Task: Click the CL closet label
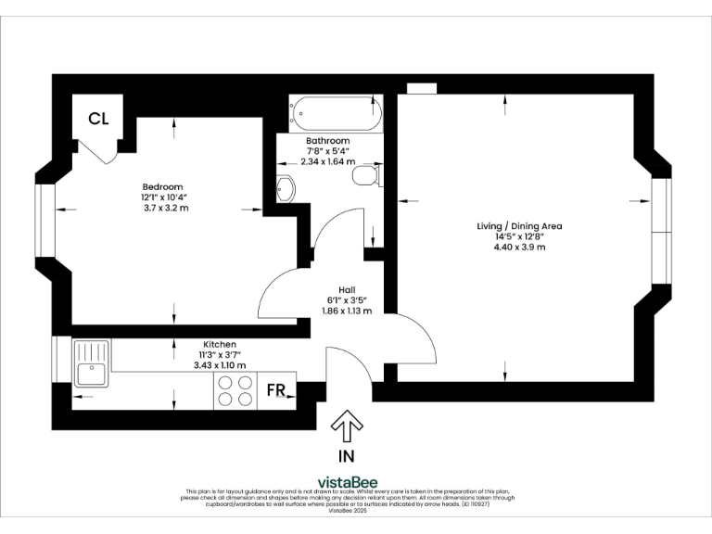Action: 99,118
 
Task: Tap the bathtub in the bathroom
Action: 335,113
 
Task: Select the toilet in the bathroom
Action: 367,176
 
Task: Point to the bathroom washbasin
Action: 286,189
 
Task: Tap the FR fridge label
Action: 276,389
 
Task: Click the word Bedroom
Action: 162,185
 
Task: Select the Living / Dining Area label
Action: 519,226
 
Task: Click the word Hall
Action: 347,288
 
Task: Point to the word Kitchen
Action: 220,343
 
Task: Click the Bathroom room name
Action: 328,140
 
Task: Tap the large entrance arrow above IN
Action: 348,426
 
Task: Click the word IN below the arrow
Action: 347,456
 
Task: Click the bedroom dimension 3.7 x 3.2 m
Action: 162,208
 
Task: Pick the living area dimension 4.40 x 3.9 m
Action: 519,248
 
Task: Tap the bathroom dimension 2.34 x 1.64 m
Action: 328,160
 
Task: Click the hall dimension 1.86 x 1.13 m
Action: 347,311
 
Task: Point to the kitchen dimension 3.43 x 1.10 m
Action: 220,365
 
